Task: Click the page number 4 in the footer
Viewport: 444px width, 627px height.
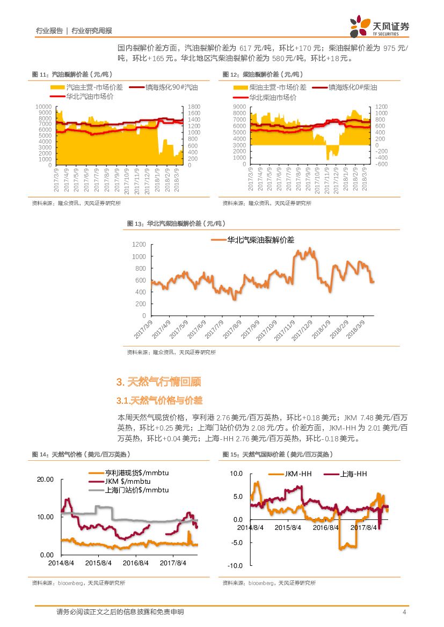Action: click(404, 612)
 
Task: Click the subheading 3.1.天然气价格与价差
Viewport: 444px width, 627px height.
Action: click(159, 401)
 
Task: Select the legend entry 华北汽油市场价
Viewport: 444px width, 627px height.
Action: click(89, 97)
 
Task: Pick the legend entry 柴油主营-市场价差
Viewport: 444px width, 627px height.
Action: click(278, 87)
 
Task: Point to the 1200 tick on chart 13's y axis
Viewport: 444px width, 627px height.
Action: click(139, 245)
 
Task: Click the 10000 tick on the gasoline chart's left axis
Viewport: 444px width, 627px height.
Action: click(45, 107)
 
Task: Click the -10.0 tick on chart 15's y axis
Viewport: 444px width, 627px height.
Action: click(236, 566)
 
